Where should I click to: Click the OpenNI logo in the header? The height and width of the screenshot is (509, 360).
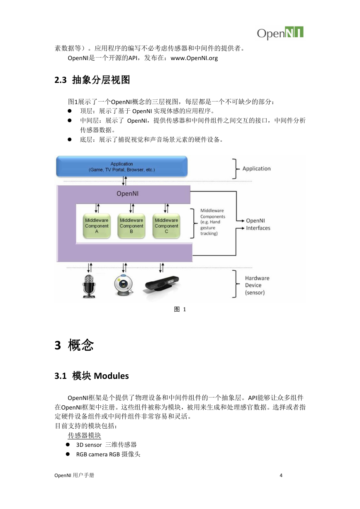click(x=280, y=33)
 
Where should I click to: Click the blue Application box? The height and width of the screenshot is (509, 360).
click(x=122, y=167)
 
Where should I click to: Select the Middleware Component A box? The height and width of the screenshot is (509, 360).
click(x=97, y=226)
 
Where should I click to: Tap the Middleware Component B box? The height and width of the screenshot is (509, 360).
click(x=131, y=226)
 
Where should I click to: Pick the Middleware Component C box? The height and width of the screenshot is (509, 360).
click(x=166, y=226)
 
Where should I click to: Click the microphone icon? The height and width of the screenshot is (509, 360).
click(x=89, y=286)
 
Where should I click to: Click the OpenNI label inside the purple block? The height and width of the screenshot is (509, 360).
click(x=127, y=194)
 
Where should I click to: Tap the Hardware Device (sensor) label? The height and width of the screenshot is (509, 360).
click(x=257, y=285)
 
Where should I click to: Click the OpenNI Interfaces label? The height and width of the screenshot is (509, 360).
click(x=258, y=224)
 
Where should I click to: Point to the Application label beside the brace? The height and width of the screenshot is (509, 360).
click(x=256, y=169)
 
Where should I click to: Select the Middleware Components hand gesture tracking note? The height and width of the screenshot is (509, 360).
click(x=212, y=222)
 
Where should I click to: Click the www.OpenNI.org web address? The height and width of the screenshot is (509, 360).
click(x=194, y=58)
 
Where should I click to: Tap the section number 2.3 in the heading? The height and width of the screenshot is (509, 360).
click(x=61, y=80)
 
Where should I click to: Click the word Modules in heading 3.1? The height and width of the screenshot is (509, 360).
click(x=111, y=376)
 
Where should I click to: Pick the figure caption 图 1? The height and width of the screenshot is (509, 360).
click(x=180, y=309)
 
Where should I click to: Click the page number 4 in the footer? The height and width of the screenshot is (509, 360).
click(x=281, y=475)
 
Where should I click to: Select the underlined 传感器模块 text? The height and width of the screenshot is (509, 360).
click(x=84, y=435)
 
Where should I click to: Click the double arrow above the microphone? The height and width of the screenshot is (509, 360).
click(x=90, y=268)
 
